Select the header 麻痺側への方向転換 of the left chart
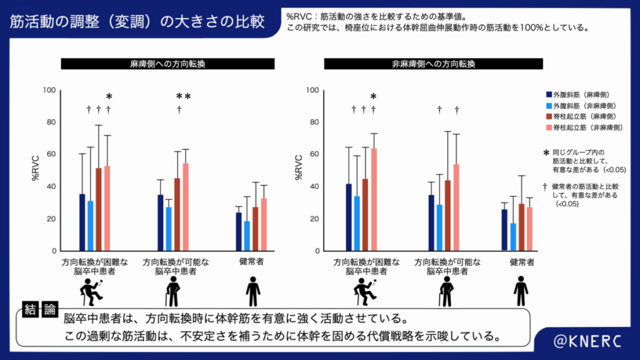click(167, 64)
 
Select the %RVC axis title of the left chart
click(36, 170)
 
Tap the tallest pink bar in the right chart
click(374, 199)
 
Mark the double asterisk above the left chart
click(183, 96)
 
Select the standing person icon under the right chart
click(520, 291)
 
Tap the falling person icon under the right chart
click(362, 291)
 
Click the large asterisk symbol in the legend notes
click(546, 152)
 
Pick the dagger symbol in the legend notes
click(546, 186)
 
